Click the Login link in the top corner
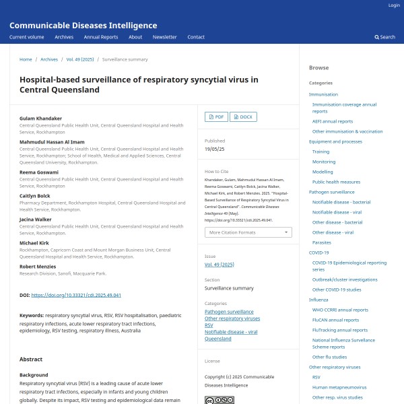394,5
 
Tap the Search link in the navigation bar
385,37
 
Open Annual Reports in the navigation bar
101,37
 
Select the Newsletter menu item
164,37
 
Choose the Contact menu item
196,37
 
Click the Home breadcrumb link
26,59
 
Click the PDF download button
215,116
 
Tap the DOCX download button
243,116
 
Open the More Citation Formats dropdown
248,232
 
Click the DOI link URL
76,295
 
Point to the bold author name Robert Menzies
38,267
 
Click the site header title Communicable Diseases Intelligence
83,26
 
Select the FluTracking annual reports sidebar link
340,330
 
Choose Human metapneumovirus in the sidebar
339,387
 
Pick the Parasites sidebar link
322,242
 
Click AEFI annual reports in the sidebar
333,121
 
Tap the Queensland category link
218,339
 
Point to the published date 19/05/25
214,148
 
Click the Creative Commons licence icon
219,400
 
